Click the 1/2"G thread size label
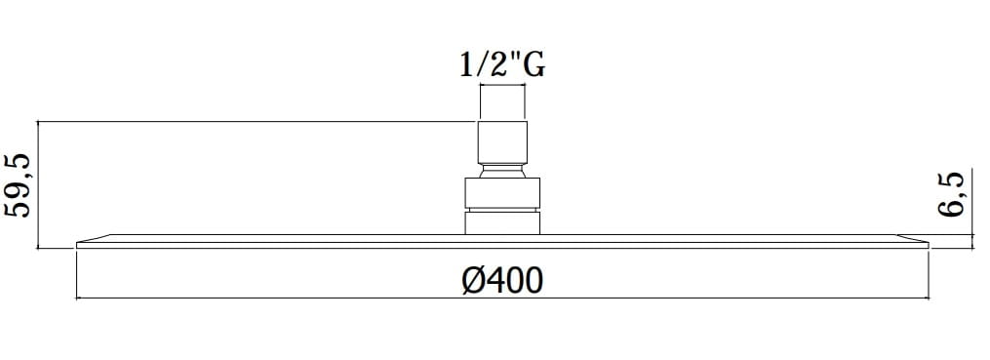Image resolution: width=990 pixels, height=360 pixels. click(502, 65)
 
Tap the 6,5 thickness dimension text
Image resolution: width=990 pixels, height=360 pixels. click(952, 194)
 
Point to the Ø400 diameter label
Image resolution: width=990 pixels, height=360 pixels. click(502, 280)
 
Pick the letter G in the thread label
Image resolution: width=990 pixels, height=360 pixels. click(535, 65)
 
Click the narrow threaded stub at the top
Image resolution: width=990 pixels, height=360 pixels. click(502, 103)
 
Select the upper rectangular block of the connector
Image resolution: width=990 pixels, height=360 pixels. click(502, 141)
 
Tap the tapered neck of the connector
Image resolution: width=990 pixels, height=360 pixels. click(502, 171)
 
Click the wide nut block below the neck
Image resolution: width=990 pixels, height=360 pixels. click(502, 192)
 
